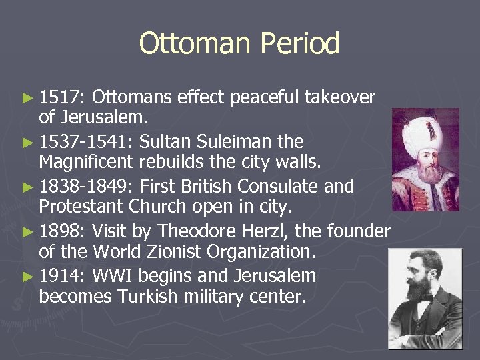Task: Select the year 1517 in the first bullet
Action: click(x=59, y=98)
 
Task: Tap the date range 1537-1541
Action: click(x=86, y=142)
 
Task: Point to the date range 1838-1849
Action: click(x=86, y=186)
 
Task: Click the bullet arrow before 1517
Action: click(x=27, y=99)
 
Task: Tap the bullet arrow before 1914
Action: click(x=27, y=275)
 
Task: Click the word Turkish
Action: click(x=144, y=297)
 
